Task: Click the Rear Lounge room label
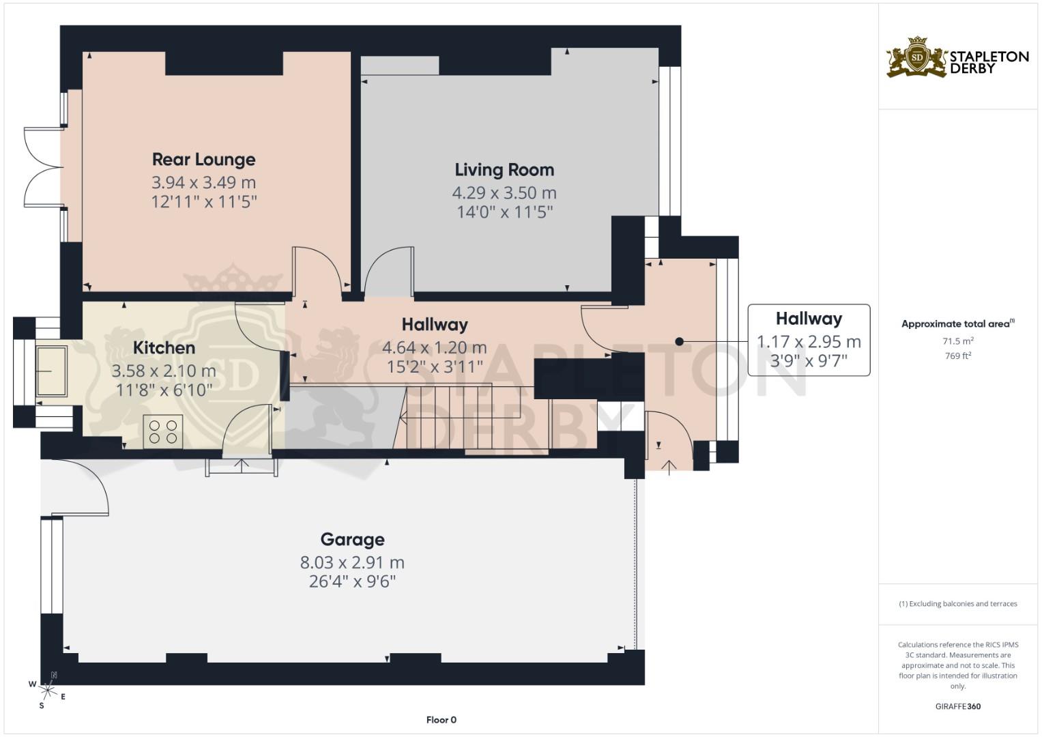click(x=204, y=160)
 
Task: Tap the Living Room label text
click(x=505, y=170)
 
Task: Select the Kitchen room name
click(x=164, y=347)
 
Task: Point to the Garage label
click(x=353, y=540)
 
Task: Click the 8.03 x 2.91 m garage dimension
click(x=352, y=562)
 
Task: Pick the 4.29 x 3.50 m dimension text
click(x=504, y=192)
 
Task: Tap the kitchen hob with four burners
click(x=163, y=432)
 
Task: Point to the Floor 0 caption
click(x=442, y=720)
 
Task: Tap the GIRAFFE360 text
click(x=958, y=706)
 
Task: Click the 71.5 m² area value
click(x=958, y=341)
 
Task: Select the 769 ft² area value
click(x=958, y=356)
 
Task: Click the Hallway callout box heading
click(x=809, y=319)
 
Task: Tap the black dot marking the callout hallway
click(x=679, y=341)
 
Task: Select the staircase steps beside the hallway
click(x=470, y=416)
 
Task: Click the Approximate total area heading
click(x=958, y=324)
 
